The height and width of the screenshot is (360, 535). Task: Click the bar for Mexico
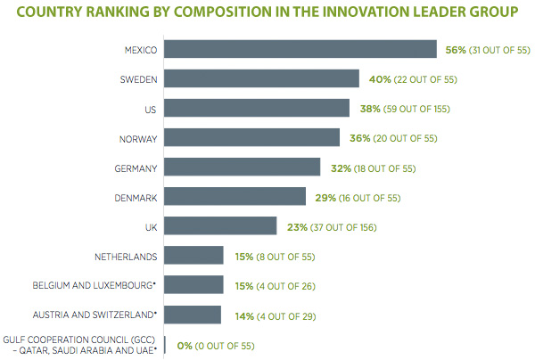[300, 50]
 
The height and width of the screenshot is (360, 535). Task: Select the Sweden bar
[261, 79]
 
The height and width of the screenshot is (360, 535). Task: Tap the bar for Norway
[251, 138]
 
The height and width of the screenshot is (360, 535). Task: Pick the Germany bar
[242, 168]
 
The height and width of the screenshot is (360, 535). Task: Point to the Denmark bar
[235, 197]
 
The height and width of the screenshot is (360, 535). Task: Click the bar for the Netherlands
[193, 256]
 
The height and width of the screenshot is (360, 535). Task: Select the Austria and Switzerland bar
[192, 315]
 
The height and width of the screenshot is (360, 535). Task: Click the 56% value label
[456, 50]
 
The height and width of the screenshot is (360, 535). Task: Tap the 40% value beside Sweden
[378, 79]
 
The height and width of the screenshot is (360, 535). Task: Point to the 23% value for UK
[297, 226]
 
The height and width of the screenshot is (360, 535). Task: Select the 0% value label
[183, 345]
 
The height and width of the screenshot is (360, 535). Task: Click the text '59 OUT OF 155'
[416, 109]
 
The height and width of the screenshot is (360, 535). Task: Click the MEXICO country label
[141, 51]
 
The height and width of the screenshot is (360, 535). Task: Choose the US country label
[152, 109]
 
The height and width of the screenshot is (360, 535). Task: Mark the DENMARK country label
[136, 197]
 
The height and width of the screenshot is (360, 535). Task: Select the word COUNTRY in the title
[48, 12]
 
